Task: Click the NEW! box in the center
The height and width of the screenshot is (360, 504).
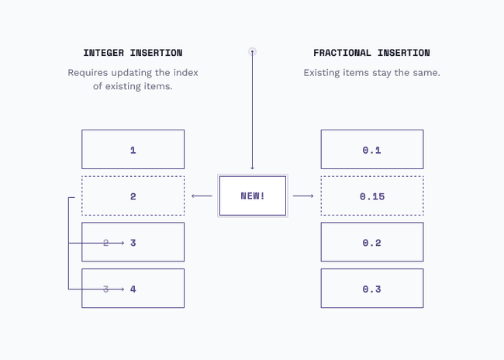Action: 252,196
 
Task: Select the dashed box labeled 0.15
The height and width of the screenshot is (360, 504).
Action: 371,196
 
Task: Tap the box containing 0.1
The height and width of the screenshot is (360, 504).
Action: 371,150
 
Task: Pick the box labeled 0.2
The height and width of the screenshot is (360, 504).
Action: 371,243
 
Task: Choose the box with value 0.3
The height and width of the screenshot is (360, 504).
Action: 371,289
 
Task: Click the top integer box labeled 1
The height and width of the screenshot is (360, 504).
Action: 133,150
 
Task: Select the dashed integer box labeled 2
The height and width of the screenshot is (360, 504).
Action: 133,196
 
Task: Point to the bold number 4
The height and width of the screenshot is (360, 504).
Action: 133,289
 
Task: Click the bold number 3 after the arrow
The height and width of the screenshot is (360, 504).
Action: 133,243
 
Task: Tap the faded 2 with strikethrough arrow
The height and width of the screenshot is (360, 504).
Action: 106,243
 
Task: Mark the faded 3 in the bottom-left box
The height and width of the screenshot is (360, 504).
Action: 106,289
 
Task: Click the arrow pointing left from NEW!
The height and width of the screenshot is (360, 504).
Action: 202,196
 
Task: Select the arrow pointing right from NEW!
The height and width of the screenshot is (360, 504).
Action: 303,196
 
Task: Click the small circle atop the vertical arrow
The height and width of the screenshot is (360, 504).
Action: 252,52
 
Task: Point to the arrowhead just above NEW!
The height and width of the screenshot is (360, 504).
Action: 252,167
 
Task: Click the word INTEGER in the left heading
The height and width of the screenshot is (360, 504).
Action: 105,53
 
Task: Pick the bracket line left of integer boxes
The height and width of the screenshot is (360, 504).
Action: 69,243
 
